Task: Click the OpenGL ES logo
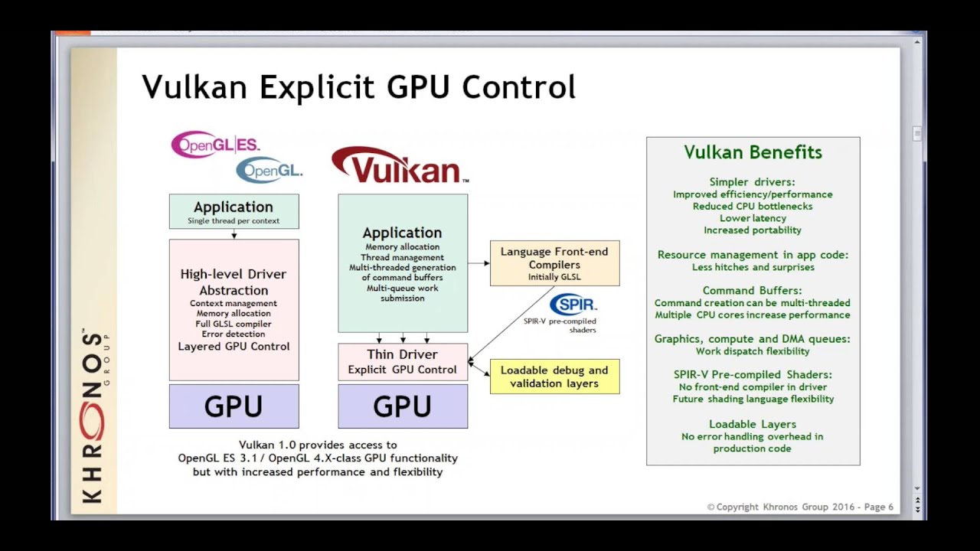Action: point(215,145)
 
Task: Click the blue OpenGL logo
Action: point(269,170)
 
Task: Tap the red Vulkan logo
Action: point(399,165)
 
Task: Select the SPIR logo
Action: point(573,305)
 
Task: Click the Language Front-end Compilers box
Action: point(554,263)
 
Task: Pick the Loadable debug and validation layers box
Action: point(554,377)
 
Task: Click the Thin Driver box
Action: point(403,362)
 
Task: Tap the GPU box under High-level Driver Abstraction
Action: point(234,406)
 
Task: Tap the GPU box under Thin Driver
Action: point(403,406)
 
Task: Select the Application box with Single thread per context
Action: point(234,211)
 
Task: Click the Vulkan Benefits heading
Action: point(753,152)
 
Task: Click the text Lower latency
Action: point(753,218)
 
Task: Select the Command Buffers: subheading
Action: point(753,290)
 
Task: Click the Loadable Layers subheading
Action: point(753,424)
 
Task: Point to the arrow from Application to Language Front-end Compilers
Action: point(479,263)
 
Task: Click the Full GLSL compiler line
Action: point(234,324)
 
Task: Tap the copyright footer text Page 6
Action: point(878,507)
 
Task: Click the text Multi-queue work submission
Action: point(403,293)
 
